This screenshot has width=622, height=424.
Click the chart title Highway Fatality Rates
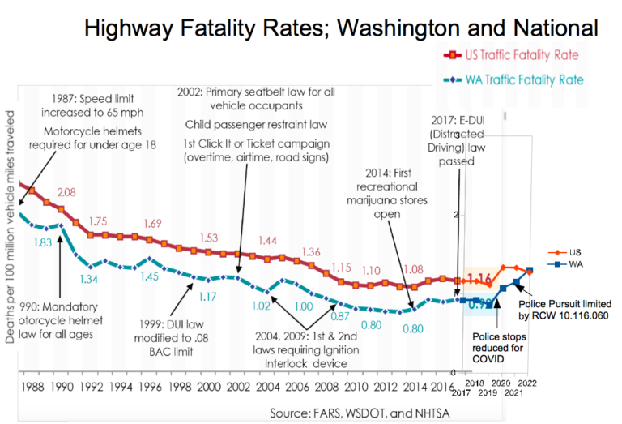point(341,28)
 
